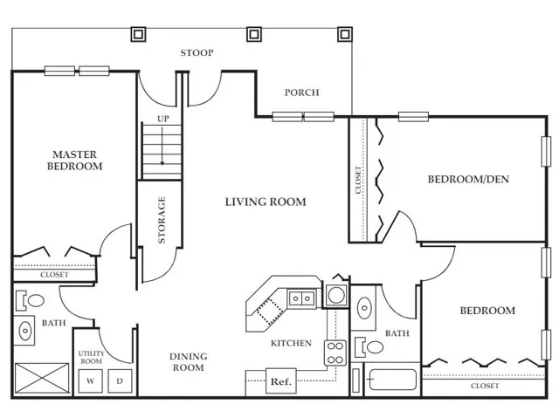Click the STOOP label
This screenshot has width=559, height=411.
coord(197,53)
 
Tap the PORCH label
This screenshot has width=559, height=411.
coord(301,92)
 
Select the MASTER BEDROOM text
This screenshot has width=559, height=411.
coord(74,161)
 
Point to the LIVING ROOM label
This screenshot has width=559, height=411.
coord(266,202)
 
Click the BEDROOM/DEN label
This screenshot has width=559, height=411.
coord(468,179)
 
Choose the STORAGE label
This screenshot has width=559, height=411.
coord(162,220)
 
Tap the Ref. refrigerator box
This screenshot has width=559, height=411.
coord(281,381)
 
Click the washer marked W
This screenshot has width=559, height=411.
coord(91,380)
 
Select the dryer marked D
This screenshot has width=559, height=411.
coord(120,380)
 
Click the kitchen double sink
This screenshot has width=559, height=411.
coord(301,298)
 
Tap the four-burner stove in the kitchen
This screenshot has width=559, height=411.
coord(335,353)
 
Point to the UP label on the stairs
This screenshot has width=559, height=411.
coord(163,119)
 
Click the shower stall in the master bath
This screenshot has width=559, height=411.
coord(42,378)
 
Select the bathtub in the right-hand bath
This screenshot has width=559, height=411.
coord(392,380)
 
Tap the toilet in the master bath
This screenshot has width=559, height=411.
coord(31,300)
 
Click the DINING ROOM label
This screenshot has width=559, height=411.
coord(189,362)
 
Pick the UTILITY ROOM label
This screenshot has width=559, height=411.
coord(91,357)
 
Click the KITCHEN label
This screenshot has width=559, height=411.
coord(291,343)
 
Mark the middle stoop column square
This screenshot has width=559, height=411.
coord(254,34)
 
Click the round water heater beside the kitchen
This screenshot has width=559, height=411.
coord(335,295)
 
